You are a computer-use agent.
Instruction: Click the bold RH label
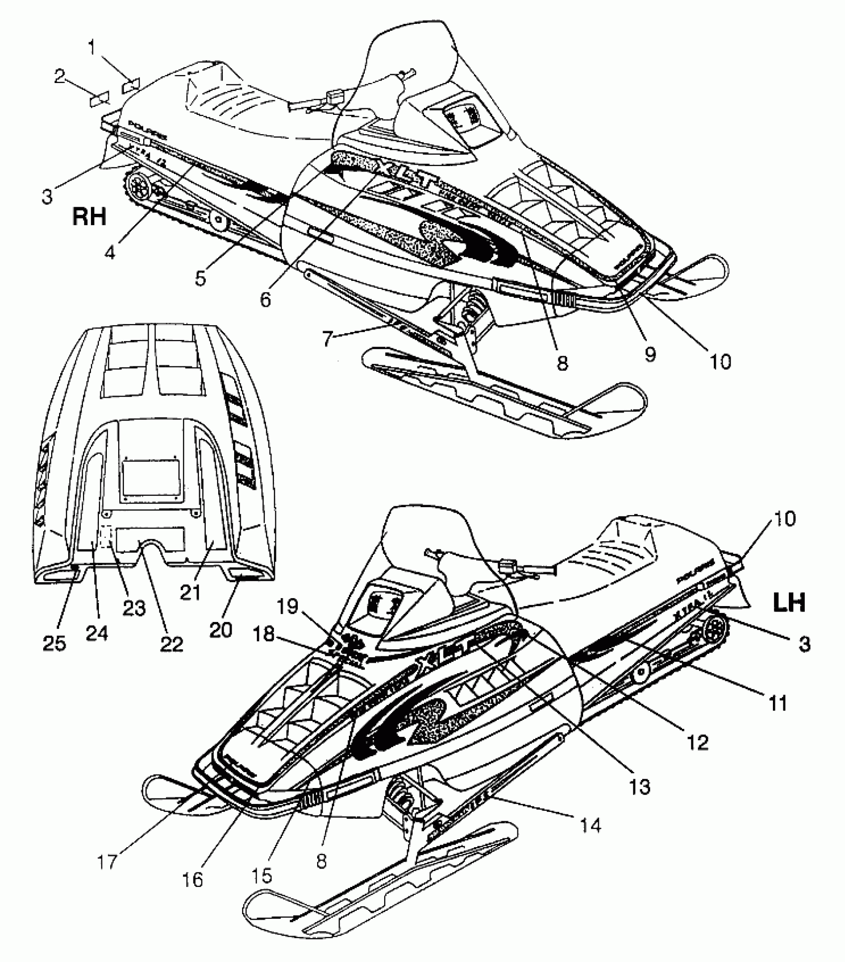pyautogui.click(x=89, y=217)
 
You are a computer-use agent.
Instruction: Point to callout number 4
pyautogui.click(x=110, y=252)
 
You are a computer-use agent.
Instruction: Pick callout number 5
pyautogui.click(x=200, y=278)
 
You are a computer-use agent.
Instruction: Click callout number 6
pyautogui.click(x=266, y=299)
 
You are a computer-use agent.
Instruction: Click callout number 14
pyautogui.click(x=591, y=825)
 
